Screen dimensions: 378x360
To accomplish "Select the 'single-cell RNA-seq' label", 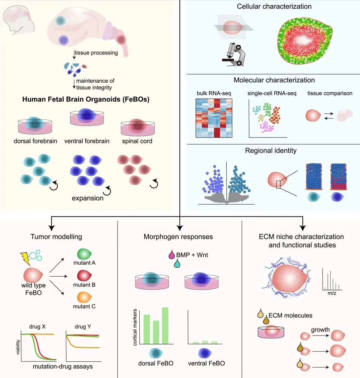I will pos(272,93).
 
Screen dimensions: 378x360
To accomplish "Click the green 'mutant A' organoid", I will pos(84,253).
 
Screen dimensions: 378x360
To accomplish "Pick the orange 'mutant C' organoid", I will pos(84,297).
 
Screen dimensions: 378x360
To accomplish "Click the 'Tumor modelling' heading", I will pos(56,237).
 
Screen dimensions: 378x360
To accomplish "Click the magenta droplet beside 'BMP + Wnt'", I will pos(171,255).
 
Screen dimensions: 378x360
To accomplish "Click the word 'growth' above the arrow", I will pos(320,330).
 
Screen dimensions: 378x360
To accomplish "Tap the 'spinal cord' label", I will pos(137,141).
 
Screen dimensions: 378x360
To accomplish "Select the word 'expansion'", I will pos(88,198).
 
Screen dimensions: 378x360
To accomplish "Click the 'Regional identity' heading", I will pos(271,151).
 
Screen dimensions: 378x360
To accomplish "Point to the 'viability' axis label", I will pos(18,347).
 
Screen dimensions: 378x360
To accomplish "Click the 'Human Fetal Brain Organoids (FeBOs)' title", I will pos(86,99).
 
